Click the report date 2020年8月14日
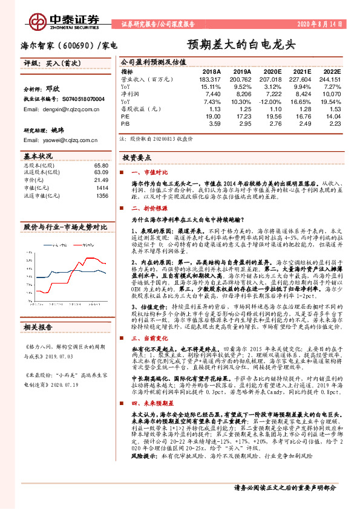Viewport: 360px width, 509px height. (320, 25)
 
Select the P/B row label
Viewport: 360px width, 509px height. (126, 124)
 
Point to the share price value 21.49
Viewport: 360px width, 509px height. (100, 180)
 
